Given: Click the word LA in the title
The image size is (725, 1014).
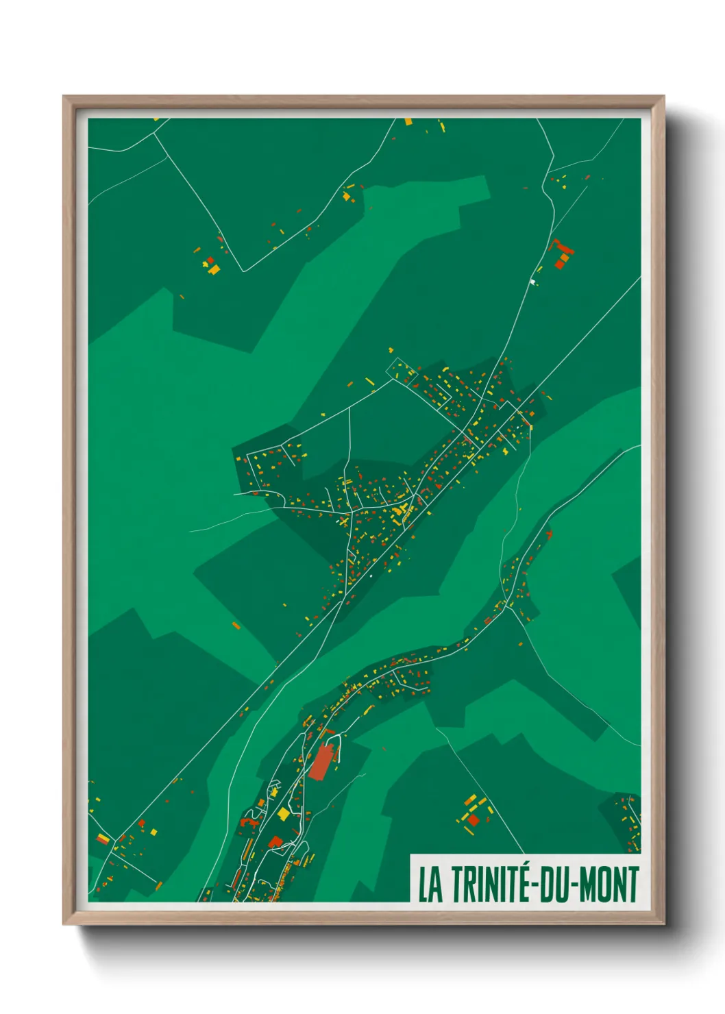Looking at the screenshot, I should (x=430, y=885).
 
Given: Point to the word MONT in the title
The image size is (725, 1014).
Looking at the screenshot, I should (x=610, y=885).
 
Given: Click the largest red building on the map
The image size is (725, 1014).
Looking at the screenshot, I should (x=320, y=762).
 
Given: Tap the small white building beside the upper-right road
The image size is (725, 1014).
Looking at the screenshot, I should (x=532, y=281).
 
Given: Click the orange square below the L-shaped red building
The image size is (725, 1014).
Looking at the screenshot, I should (x=559, y=264).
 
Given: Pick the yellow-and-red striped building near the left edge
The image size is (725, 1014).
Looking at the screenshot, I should (x=103, y=839).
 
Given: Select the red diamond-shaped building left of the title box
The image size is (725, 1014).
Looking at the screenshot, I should (x=473, y=819).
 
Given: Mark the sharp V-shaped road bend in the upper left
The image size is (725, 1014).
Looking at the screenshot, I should (x=243, y=271).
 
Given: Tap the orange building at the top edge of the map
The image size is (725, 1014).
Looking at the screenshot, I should (x=409, y=121).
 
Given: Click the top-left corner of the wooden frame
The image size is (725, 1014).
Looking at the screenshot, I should (x=64, y=97).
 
